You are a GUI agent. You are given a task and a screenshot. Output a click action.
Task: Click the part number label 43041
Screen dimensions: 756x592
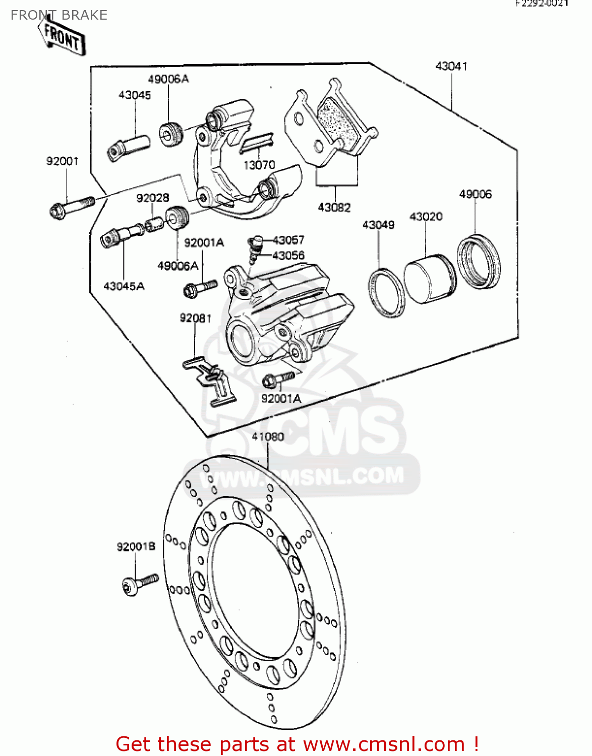(451, 66)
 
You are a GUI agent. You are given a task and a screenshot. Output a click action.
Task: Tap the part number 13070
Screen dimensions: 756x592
(259, 165)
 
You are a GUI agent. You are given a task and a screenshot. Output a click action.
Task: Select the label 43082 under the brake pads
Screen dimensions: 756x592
(334, 207)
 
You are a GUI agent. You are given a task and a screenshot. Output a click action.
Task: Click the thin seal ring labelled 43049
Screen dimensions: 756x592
(387, 293)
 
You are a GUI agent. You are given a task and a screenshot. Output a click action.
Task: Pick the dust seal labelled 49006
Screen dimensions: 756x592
(479, 261)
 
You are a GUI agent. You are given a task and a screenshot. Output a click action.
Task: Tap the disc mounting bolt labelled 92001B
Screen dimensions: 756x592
(140, 584)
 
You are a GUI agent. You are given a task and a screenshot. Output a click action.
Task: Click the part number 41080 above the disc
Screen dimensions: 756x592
(268, 436)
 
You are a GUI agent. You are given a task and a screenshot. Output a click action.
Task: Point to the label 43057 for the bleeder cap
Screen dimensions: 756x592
(288, 240)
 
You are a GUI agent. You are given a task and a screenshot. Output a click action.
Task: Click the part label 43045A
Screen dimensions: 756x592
(124, 286)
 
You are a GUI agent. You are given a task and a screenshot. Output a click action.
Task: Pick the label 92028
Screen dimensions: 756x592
(152, 198)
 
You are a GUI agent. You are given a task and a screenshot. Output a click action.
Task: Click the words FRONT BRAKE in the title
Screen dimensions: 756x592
(59, 15)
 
